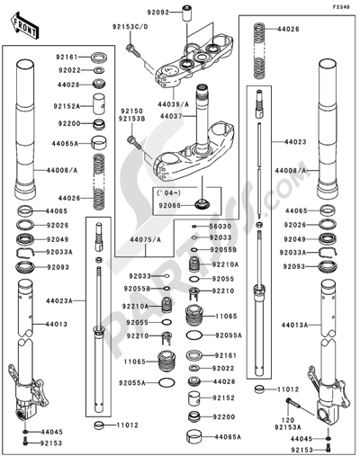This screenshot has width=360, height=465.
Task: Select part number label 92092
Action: click(158, 13)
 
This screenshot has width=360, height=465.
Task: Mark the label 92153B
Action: click(133, 119)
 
